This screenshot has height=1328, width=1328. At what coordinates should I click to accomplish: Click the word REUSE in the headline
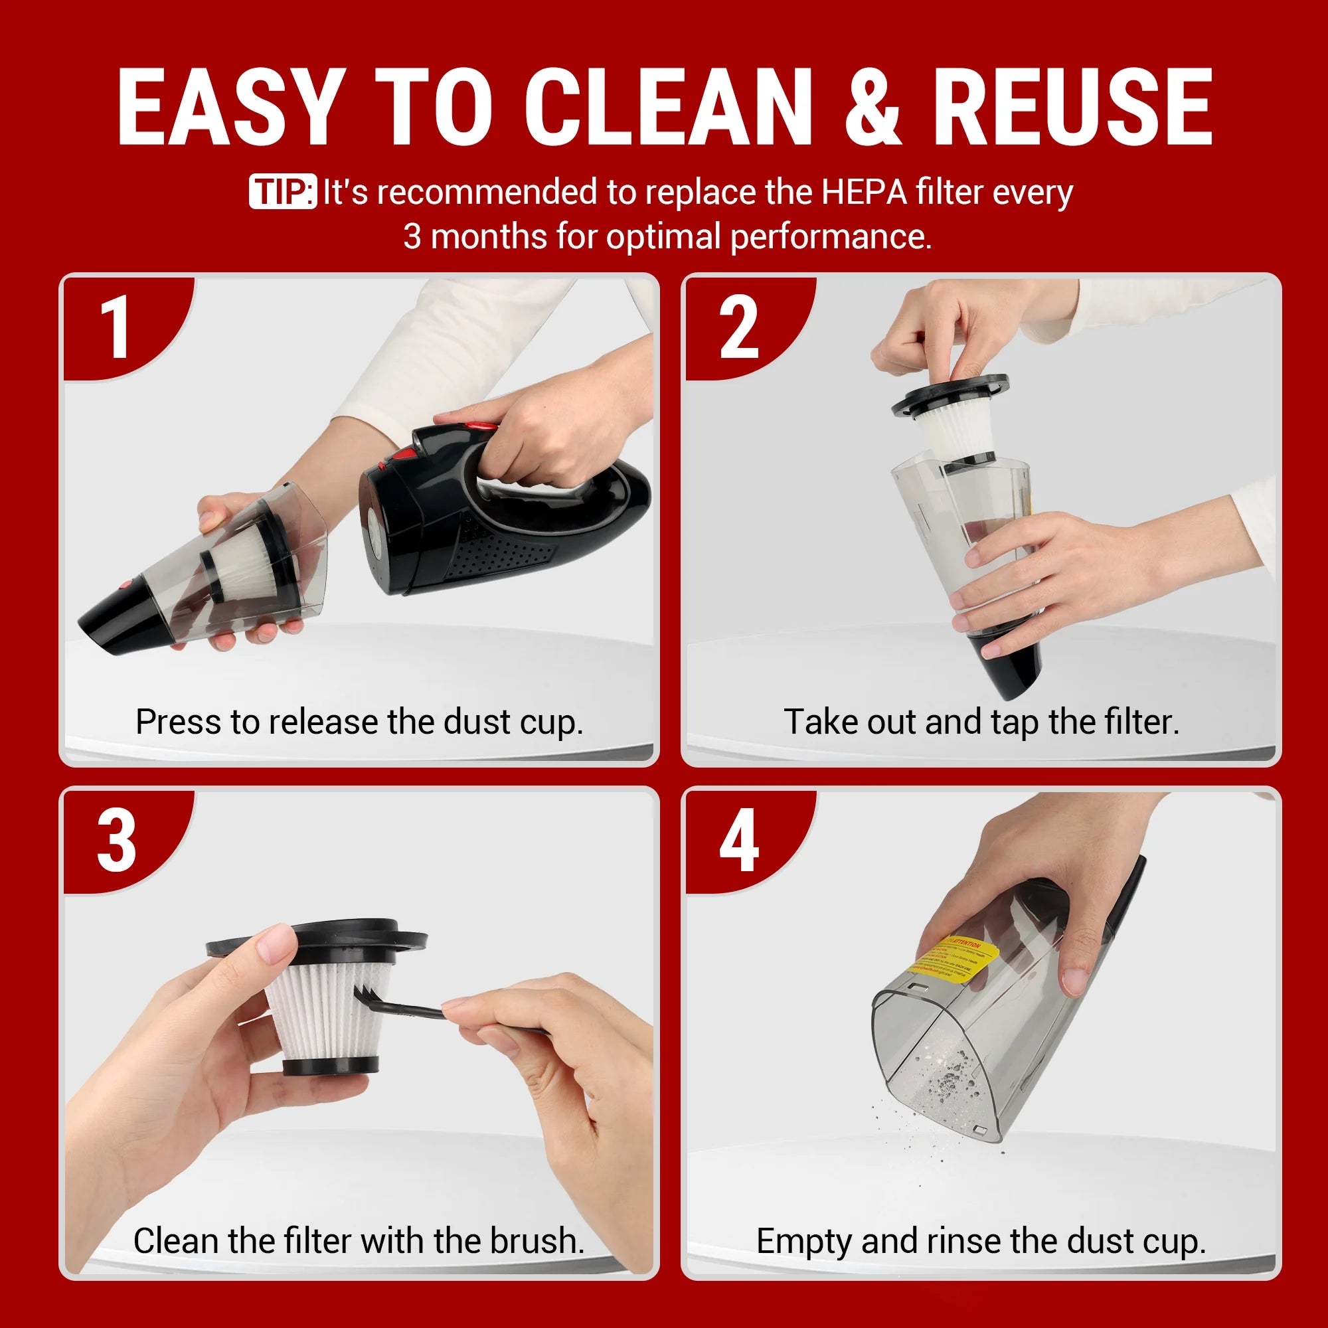tap(1072, 108)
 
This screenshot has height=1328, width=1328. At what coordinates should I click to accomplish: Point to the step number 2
tap(739, 328)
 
